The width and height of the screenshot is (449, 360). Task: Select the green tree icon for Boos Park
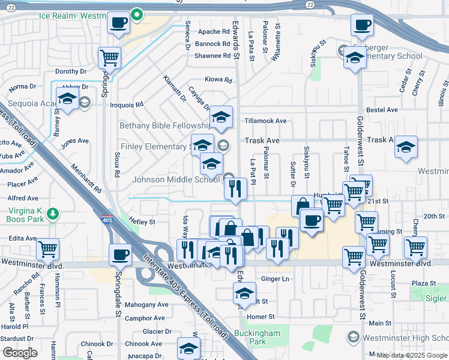point(53,212)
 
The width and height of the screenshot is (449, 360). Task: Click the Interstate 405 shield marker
point(107,219)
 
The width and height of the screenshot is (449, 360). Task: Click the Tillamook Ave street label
point(265,121)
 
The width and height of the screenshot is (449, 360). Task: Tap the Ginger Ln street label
point(276,279)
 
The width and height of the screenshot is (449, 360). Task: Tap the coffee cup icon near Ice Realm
point(118,23)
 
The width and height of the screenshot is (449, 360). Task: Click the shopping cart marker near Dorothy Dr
point(110,58)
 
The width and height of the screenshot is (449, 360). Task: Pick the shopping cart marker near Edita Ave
point(47,248)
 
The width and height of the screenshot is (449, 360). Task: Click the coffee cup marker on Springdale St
point(120,254)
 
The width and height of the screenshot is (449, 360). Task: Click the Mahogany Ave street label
point(146,304)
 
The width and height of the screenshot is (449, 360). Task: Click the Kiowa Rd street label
point(218,80)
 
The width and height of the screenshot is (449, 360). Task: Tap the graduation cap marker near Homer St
point(244,293)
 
